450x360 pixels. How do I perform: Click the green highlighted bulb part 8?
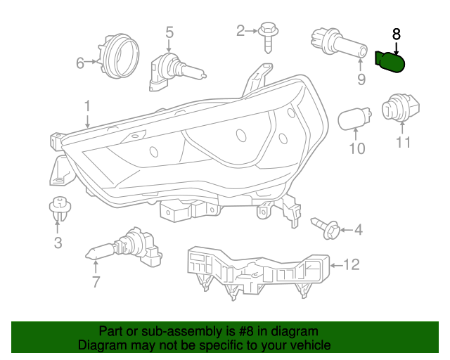[x=391, y=62]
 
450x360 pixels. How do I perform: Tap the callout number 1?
[x=87, y=106]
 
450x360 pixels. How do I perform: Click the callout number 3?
[x=58, y=243]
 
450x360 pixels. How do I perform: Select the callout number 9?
[x=361, y=80]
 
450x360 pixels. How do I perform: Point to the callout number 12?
[x=352, y=264]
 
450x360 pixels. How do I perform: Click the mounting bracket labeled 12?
[x=257, y=270]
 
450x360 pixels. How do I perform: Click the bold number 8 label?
[x=396, y=33]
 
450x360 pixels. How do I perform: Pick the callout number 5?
[x=169, y=31]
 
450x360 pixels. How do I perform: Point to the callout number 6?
[x=79, y=63]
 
